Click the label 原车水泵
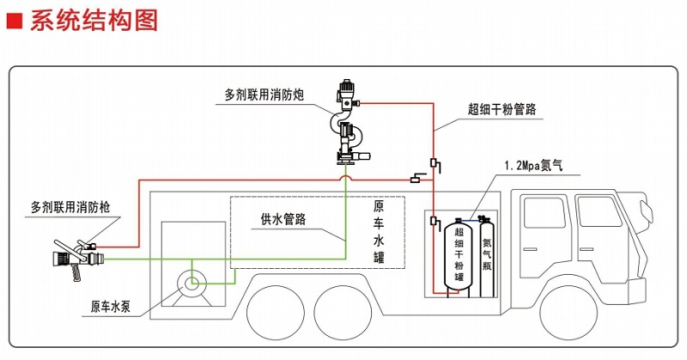[x=116, y=306]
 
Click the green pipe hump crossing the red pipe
[x=346, y=176]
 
